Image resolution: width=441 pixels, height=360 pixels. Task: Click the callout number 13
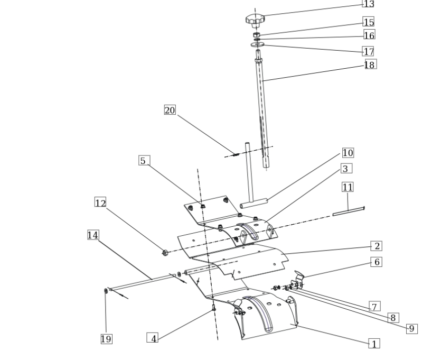tap(369, 4)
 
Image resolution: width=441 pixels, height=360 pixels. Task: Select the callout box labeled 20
tap(170, 110)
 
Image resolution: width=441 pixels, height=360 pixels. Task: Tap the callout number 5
tap(144, 160)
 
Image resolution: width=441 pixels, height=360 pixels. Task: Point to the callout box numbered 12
tap(100, 202)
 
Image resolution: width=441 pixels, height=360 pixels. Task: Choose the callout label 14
tap(93, 235)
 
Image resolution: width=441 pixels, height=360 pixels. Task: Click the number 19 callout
tap(107, 339)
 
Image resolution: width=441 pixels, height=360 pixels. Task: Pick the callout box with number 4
tap(153, 338)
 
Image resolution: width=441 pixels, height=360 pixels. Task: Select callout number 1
tap(374, 344)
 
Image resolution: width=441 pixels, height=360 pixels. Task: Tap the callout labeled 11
tap(348, 187)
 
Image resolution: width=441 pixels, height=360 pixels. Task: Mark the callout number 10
tap(348, 153)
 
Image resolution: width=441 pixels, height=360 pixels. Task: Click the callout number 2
tap(377, 246)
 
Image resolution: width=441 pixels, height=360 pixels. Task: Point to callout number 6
tap(377, 262)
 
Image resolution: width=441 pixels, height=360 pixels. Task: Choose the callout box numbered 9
tap(412, 329)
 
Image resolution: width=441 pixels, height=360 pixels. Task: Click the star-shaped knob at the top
tap(255, 21)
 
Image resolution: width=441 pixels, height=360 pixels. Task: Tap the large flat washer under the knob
tap(257, 44)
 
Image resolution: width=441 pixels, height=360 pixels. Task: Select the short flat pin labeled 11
tap(349, 211)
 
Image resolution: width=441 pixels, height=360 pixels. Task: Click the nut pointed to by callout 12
tap(165, 253)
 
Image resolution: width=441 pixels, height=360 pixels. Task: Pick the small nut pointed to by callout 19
tap(106, 291)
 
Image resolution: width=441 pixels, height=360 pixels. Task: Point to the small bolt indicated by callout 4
tap(214, 308)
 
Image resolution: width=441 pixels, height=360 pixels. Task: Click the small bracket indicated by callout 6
tap(297, 281)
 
